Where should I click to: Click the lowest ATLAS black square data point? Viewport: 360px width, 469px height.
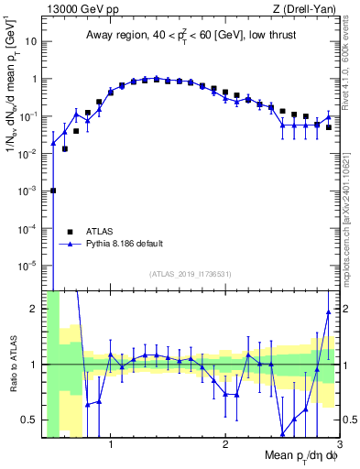[x=53, y=191]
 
